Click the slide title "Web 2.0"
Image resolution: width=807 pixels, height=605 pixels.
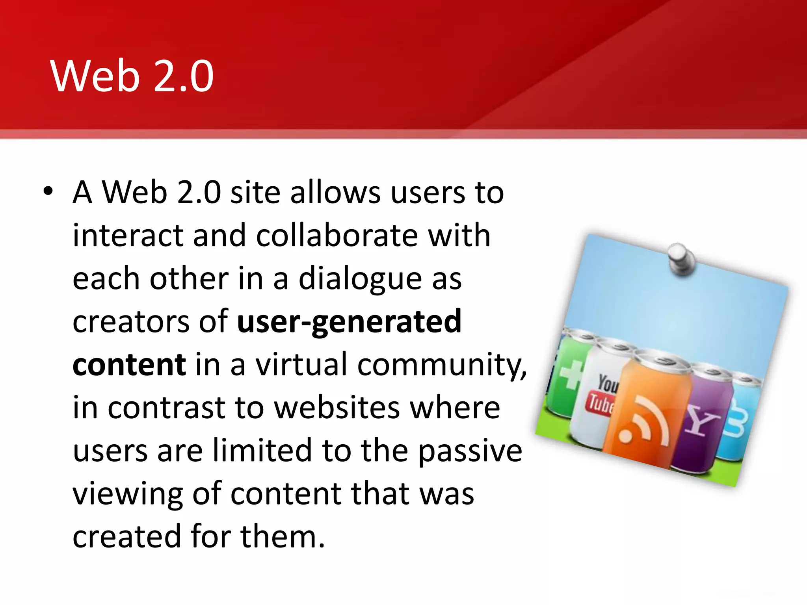(132, 76)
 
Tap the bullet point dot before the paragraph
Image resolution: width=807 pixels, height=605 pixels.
(48, 191)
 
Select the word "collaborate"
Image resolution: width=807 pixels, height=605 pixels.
(337, 236)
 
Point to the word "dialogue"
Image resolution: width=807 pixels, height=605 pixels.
(360, 278)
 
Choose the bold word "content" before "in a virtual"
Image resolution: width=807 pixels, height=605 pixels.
(129, 364)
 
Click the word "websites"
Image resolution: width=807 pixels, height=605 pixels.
(337, 408)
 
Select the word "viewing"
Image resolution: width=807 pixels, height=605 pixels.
(128, 494)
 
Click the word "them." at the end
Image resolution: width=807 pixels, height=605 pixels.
(283, 536)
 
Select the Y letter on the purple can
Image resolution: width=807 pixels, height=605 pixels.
(701, 419)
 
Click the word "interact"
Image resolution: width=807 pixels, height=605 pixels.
(128, 236)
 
